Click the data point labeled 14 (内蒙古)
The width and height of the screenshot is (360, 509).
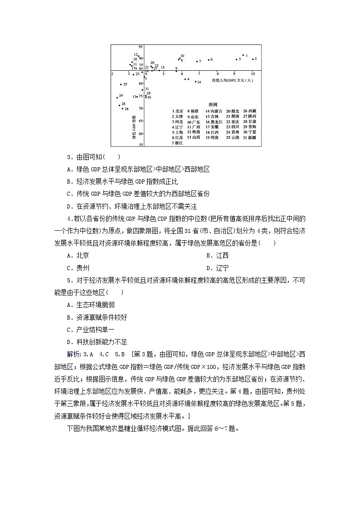(195, 82)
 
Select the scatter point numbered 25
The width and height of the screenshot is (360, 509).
(121, 84)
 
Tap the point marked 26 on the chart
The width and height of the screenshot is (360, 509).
(123, 109)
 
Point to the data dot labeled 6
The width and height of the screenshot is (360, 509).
(209, 60)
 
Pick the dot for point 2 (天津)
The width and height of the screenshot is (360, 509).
(253, 59)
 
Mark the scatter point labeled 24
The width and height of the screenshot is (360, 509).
(117, 97)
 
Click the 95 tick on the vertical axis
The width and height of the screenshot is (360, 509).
(141, 47)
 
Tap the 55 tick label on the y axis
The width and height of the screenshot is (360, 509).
(141, 145)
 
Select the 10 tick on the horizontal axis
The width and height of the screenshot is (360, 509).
(253, 73)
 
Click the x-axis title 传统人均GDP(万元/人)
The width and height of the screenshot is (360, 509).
(233, 80)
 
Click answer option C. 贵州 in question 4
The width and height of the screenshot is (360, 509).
(78, 268)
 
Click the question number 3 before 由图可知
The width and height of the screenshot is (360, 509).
(68, 157)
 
